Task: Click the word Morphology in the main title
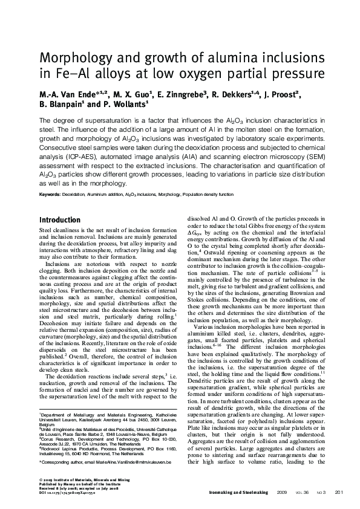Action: click(x=75, y=59)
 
